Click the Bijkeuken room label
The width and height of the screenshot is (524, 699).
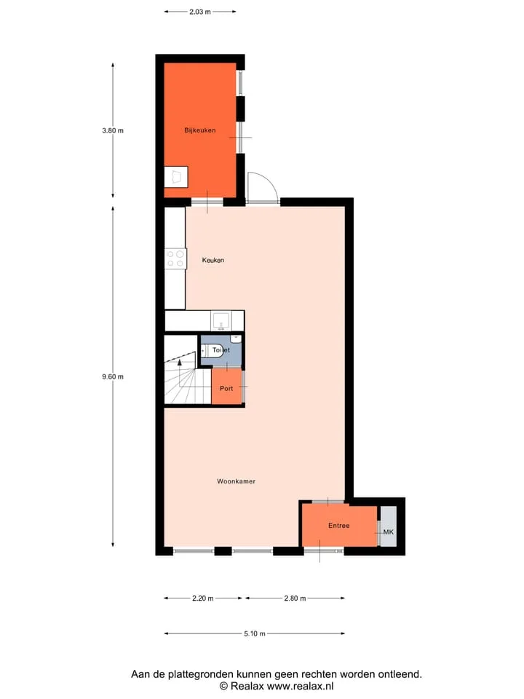tap(200, 130)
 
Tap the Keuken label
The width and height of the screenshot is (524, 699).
tap(213, 260)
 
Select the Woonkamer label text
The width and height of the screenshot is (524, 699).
tap(236, 481)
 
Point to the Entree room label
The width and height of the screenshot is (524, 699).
tap(338, 526)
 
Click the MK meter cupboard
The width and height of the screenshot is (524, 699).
tap(388, 526)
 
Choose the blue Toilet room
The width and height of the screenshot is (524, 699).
tap(221, 350)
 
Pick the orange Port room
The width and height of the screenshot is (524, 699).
tap(226, 386)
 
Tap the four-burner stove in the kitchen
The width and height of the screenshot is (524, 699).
tap(175, 259)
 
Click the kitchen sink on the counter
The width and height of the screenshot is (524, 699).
tap(221, 321)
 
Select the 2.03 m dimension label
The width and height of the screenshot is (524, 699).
tap(200, 12)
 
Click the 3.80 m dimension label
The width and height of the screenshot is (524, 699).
tap(113, 130)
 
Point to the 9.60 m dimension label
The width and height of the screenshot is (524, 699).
tap(113, 376)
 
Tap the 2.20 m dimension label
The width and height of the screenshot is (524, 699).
tap(203, 599)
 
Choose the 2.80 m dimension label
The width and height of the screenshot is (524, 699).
tap(295, 599)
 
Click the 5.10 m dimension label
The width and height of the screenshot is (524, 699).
tap(255, 633)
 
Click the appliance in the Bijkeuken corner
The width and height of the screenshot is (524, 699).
tap(176, 177)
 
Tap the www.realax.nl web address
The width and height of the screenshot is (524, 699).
tap(300, 686)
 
